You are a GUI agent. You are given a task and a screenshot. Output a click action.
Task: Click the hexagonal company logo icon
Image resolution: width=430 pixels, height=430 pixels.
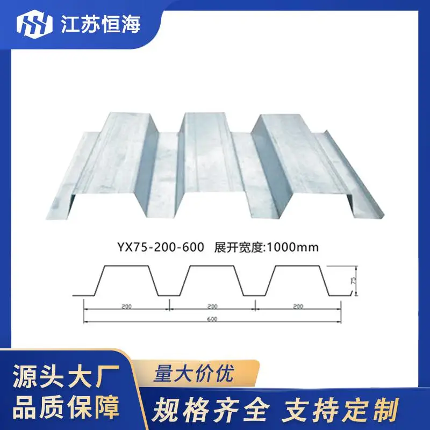pyautogui.click(x=34, y=24)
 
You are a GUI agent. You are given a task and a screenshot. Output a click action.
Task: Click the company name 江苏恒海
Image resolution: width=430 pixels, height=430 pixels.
pyautogui.click(x=101, y=24)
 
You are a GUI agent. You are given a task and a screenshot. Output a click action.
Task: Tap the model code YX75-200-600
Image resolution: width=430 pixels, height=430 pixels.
pyautogui.click(x=161, y=247)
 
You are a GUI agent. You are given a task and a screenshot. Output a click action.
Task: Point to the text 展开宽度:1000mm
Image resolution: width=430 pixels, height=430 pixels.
pyautogui.click(x=266, y=247)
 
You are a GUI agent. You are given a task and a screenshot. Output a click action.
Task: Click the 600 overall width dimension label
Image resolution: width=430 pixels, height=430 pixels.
pyautogui.click(x=212, y=319)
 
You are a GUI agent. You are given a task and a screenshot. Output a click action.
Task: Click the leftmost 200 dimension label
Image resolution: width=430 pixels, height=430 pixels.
pyautogui.click(x=126, y=306)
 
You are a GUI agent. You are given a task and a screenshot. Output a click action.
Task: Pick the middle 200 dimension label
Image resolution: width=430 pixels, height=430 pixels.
pyautogui.click(x=212, y=306)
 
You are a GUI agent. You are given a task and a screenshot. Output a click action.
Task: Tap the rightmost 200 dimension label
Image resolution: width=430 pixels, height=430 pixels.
pyautogui.click(x=298, y=306)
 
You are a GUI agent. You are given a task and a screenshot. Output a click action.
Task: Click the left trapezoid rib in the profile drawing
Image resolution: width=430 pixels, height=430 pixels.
pyautogui.click(x=126, y=266)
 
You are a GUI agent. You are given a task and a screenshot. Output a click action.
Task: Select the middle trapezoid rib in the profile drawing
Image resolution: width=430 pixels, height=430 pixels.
pyautogui.click(x=212, y=266)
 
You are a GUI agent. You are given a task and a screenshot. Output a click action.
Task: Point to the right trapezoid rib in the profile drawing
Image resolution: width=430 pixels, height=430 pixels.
pyautogui.click(x=297, y=266)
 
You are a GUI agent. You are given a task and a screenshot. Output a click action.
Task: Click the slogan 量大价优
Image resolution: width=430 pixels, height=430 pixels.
pyautogui.click(x=194, y=373)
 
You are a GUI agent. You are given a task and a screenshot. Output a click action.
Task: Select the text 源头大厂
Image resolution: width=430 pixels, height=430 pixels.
pyautogui.click(x=66, y=376)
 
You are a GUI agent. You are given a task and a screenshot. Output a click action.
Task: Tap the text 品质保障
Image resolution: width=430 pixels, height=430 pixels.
pyautogui.click(x=66, y=406)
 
